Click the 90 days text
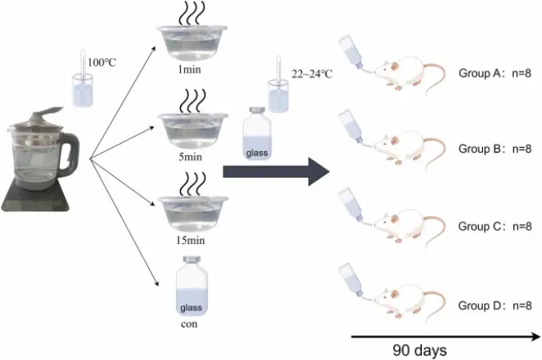click(420, 350)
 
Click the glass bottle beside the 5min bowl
click(258, 134)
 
